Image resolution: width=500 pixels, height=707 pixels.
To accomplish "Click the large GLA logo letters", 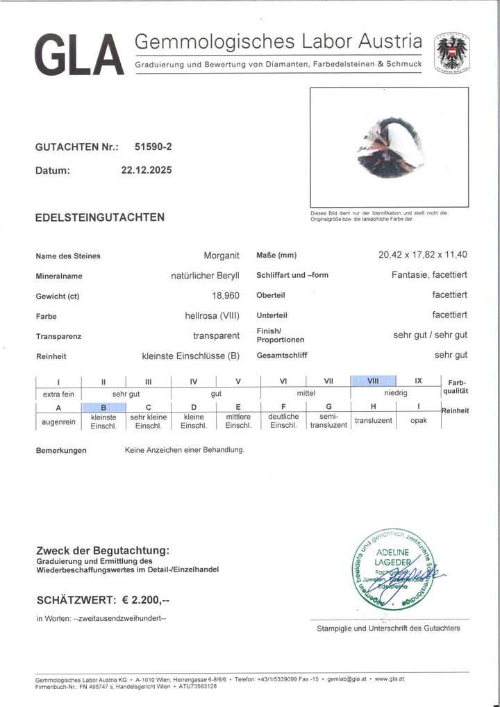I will [78, 56].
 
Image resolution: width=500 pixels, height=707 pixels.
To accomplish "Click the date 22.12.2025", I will [147, 169].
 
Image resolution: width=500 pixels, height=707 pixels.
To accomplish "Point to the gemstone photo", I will [390, 147].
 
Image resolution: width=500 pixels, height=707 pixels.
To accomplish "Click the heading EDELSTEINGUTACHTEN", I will [100, 217].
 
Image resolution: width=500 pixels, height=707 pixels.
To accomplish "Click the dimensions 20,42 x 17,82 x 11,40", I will [422, 255].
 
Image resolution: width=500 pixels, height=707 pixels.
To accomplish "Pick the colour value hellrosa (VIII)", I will [207, 316].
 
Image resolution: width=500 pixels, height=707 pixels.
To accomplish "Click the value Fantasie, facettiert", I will [429, 274].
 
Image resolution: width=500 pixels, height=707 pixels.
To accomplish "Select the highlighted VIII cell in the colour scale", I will [373, 381].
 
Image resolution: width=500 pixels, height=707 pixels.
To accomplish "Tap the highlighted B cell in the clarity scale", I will [103, 407].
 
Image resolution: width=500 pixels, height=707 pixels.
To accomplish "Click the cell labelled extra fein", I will [58, 394].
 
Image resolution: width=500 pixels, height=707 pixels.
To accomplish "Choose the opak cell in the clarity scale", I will [419, 420].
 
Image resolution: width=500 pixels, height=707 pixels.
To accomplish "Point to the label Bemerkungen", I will [61, 451].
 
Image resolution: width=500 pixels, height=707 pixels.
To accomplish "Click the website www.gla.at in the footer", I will [391, 679].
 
